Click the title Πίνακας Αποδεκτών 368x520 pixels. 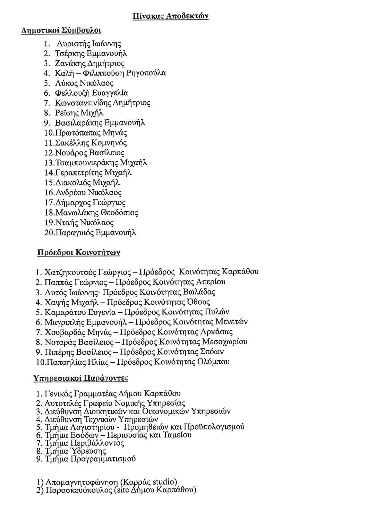click(x=171, y=16)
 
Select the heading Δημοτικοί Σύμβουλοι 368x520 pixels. click(x=61, y=31)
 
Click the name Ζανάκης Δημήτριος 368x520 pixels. click(x=89, y=63)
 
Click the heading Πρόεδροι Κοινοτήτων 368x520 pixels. click(x=78, y=252)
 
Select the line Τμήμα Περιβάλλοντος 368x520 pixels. click(x=85, y=443)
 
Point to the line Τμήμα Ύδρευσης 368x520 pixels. click(x=75, y=451)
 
